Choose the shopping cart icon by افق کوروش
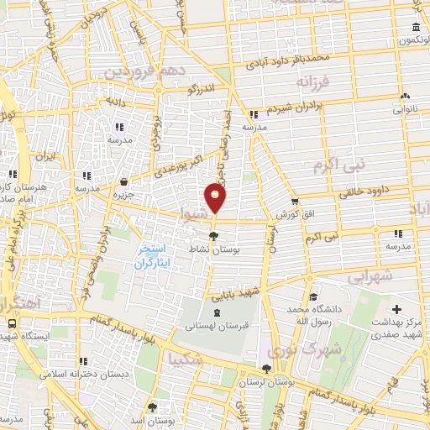[x=295, y=201]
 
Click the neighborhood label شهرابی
[x=370, y=275]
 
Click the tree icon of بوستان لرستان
[x=266, y=369]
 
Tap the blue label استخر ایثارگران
[x=153, y=256]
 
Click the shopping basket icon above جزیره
[x=124, y=181]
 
